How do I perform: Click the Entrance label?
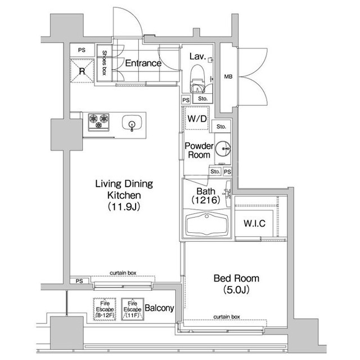point(143,63)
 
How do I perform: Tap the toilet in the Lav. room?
point(197,78)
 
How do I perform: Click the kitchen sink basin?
point(132,124)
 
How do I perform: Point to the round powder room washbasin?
point(223,148)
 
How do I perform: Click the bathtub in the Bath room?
point(206,224)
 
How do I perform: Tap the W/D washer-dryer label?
point(197,119)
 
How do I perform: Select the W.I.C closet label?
point(254,223)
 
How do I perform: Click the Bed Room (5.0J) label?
point(236,283)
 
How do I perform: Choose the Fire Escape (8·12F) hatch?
point(105,309)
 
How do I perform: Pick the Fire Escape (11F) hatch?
point(133,309)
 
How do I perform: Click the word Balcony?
point(159,308)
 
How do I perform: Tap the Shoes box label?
point(104,63)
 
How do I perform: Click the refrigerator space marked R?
point(82,71)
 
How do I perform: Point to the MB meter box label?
point(228,76)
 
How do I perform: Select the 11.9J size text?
point(124,206)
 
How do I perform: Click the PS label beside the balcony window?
point(79,281)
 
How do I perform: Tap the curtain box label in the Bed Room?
point(227,317)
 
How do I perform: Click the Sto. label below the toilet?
point(202,99)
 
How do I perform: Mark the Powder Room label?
point(199,150)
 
